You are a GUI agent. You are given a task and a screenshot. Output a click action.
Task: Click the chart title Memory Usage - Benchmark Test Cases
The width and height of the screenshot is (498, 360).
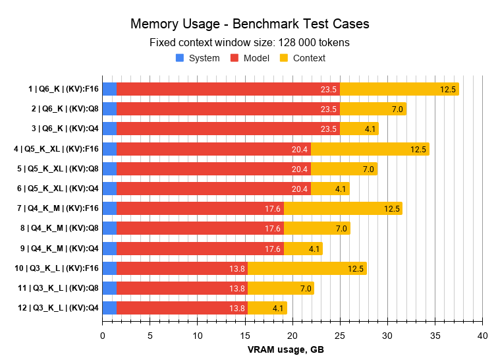[x=249, y=24]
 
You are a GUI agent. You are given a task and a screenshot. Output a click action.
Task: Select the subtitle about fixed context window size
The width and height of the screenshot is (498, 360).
[x=249, y=43]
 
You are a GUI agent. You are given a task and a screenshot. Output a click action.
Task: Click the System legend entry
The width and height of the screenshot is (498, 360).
[x=198, y=58]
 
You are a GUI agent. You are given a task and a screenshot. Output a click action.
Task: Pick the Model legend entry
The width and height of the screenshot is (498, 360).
[x=250, y=58]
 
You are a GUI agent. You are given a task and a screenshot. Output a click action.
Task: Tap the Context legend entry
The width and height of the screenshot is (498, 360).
[x=302, y=58]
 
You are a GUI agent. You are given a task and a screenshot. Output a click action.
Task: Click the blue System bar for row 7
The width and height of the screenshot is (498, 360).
[x=109, y=208]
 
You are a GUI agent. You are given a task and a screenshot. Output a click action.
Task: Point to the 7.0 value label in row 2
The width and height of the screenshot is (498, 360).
[x=397, y=109]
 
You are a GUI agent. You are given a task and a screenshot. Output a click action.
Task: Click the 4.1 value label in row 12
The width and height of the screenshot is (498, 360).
[x=277, y=308]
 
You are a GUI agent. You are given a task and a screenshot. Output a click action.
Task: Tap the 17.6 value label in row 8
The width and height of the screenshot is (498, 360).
[x=272, y=229]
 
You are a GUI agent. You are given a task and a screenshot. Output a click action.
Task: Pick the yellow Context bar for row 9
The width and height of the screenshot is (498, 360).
[x=293, y=249]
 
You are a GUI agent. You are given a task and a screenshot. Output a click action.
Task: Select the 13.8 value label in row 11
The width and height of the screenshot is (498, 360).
[x=236, y=288]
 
